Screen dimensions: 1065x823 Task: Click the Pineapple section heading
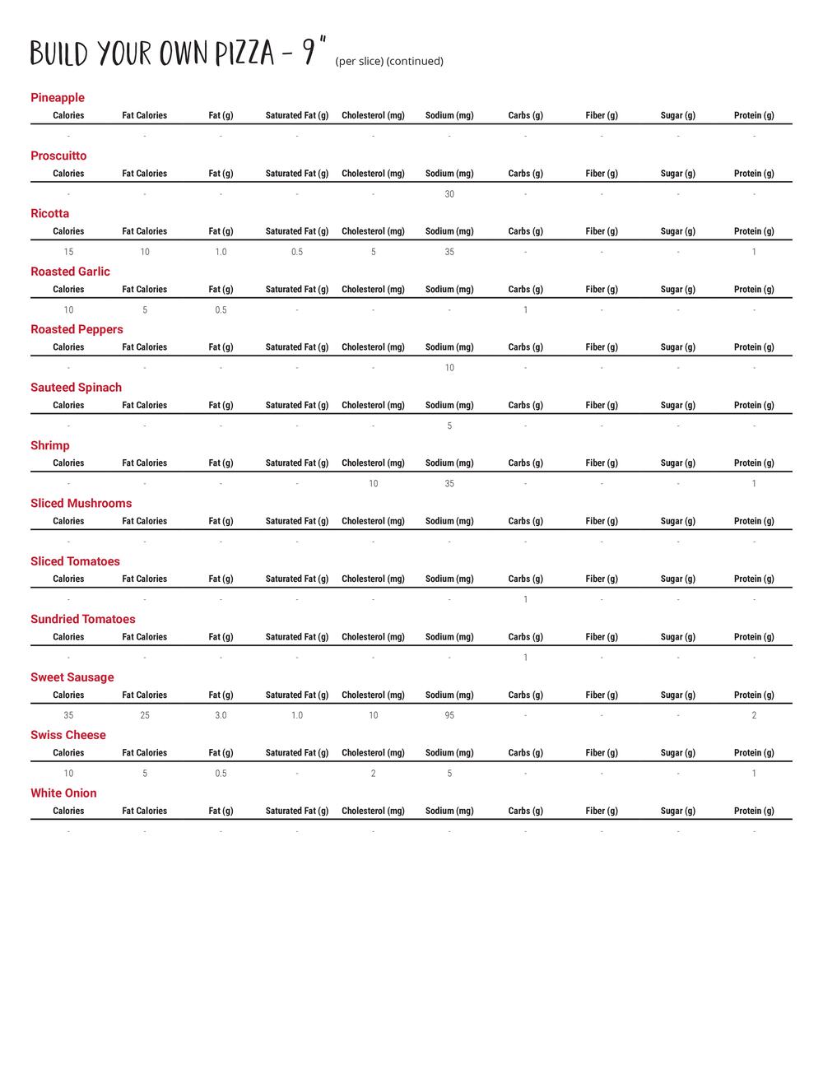[x=58, y=98]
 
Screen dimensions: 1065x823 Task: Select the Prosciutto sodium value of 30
[x=449, y=194]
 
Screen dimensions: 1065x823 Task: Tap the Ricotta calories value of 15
[x=68, y=252]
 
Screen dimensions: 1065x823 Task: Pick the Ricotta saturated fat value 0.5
[x=297, y=252]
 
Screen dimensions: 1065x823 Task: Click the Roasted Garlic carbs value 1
[x=526, y=310]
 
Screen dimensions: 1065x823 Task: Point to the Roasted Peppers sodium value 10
[x=449, y=368]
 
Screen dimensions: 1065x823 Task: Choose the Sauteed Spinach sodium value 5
[x=449, y=426]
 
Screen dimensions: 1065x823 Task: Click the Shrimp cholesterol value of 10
[x=374, y=484]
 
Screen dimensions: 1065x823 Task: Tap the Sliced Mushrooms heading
[x=81, y=504]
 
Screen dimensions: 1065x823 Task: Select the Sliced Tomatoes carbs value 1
[x=526, y=600]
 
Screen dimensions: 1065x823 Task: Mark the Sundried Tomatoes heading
[x=83, y=620]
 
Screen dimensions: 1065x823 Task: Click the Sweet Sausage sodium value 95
[x=449, y=716]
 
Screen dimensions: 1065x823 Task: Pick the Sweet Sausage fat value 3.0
[x=221, y=716]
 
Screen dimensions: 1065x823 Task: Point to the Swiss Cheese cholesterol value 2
[x=374, y=774]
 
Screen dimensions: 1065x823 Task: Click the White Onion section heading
[x=63, y=793]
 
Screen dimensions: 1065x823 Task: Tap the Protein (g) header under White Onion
[x=754, y=812]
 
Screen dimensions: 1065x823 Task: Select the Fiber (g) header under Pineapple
[x=602, y=116]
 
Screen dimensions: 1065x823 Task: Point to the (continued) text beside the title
[x=415, y=62]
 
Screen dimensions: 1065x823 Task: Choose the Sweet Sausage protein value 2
[x=754, y=716]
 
